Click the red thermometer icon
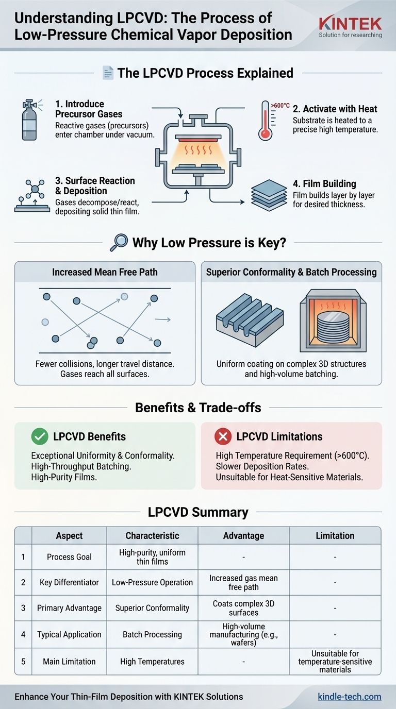265,120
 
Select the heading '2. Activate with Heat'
335,109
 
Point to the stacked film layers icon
269,195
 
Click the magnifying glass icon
119,242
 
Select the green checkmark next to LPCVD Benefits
39,437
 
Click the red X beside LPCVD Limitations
223,437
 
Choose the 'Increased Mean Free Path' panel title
105,272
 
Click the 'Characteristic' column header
152,536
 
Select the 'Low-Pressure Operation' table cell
152,582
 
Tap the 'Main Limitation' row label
69,662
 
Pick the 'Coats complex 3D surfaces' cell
243,608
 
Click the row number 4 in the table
23,635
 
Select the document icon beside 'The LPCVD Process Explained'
108,73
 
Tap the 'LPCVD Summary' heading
198,512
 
